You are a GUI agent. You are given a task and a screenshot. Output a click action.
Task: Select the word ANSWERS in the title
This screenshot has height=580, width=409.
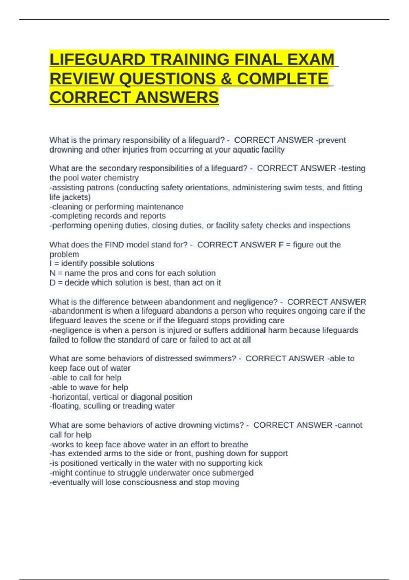point(177,97)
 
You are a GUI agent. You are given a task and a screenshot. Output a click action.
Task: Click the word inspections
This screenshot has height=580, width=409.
point(330,226)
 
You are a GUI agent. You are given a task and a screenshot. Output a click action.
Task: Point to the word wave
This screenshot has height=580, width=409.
point(89,387)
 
